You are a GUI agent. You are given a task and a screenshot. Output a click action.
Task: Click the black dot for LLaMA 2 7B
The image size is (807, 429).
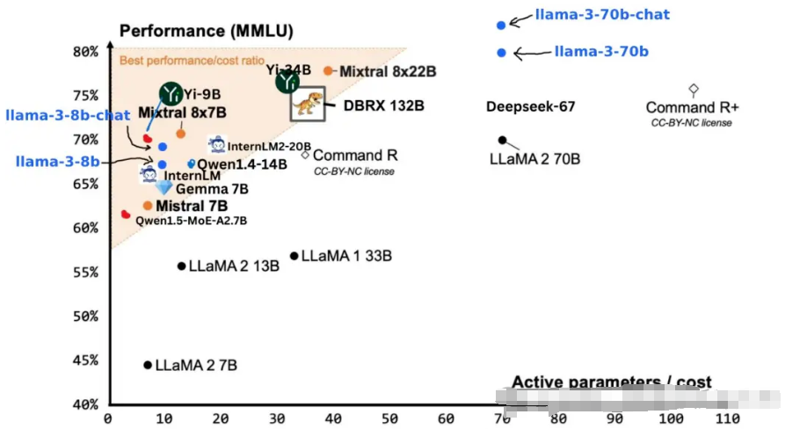coord(148,365)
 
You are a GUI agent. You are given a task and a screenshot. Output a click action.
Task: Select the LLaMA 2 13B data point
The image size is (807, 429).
coord(182,265)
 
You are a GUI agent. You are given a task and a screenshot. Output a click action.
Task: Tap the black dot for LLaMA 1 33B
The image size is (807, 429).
coord(294,256)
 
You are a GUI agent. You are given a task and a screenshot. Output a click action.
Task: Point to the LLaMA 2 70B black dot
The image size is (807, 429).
coord(502,140)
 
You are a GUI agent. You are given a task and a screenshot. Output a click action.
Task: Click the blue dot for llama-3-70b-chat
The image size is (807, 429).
coord(501,25)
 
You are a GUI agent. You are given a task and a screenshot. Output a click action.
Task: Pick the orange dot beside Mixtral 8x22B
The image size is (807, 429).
coord(328,70)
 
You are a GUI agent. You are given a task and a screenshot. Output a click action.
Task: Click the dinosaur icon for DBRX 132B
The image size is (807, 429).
coord(308,105)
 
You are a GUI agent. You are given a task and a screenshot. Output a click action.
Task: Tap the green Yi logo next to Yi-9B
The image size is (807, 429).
coord(171,92)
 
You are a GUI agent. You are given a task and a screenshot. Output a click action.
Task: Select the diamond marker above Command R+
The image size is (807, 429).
coord(693,89)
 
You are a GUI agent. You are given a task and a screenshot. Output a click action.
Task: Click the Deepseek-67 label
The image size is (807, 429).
coord(530,107)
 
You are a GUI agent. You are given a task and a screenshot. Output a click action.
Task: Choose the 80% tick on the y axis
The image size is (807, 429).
coord(85,51)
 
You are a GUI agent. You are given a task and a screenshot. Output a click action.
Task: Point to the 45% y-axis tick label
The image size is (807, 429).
coord(85,360)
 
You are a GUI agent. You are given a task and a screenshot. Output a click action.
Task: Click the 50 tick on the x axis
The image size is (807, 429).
coord(389,419)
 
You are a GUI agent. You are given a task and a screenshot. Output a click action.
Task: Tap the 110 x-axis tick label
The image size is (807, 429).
coord(726,419)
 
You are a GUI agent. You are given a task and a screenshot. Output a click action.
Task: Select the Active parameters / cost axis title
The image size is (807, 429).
coord(612,382)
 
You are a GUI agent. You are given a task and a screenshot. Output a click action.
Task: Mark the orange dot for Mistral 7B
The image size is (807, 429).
coord(148,206)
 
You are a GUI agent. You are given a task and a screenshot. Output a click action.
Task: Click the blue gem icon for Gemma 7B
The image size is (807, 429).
coord(164,187)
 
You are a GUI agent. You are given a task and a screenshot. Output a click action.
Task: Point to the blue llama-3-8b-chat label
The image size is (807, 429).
coord(68,115)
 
